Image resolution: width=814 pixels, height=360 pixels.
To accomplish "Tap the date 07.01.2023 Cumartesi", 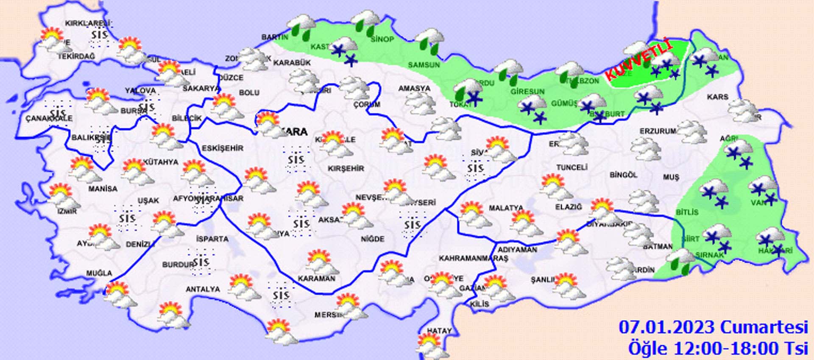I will point(714,327).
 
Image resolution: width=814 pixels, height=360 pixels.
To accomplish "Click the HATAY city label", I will point(439,331).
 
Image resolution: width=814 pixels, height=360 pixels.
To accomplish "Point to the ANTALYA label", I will point(203,289).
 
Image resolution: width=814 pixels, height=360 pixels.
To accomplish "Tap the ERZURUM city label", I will point(658,131).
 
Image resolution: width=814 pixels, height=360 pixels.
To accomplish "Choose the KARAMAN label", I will point(317,279).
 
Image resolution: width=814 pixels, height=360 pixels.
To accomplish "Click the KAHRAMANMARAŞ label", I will point(473,258).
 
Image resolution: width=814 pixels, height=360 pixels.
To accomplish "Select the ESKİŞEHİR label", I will point(223,148).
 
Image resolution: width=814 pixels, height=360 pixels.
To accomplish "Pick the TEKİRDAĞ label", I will point(76,56).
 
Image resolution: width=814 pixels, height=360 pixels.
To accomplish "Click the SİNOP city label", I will point(382,39).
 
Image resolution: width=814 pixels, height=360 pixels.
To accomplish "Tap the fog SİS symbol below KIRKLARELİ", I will point(100,34).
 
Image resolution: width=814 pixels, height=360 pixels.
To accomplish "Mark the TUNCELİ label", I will point(572,167).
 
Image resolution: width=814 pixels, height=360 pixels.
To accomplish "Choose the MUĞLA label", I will point(99,273).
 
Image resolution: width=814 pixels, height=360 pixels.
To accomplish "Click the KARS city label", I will point(717,97).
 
